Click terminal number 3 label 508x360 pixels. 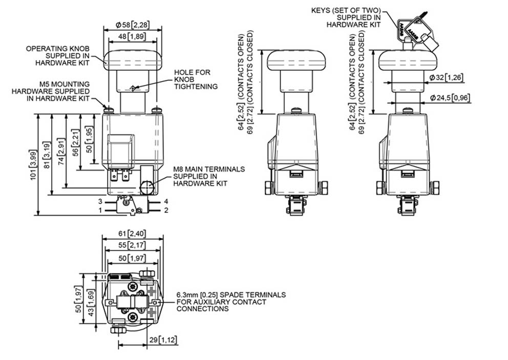point(100,202)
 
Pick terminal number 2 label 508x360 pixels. point(166,210)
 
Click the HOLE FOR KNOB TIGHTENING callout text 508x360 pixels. point(196,79)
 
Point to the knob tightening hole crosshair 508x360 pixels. point(133,88)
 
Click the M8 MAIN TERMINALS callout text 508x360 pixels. point(209,176)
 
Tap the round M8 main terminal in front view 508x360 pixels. point(147,187)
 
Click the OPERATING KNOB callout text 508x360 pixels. point(58,56)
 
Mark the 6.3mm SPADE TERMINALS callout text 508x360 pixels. point(231,302)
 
